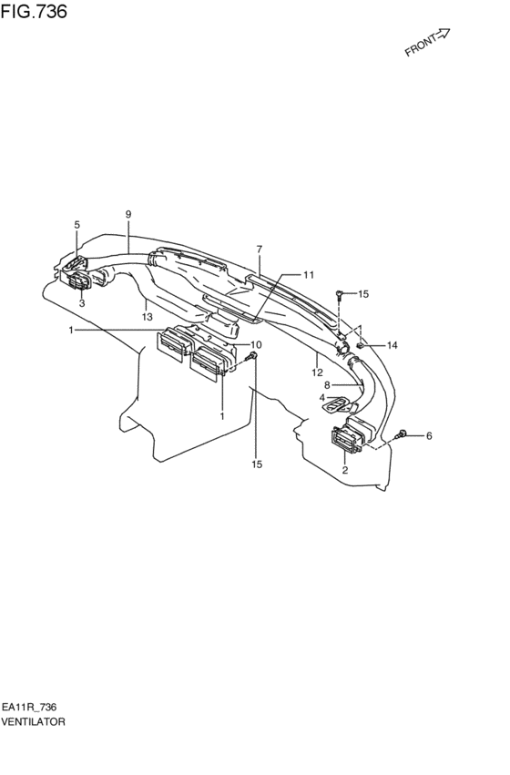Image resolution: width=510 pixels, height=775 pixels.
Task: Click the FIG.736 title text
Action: click(x=34, y=11)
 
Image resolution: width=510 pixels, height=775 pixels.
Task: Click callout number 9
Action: click(x=128, y=215)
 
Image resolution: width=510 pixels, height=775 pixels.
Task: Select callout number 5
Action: click(x=77, y=225)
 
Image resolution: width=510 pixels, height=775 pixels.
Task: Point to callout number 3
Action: click(x=82, y=303)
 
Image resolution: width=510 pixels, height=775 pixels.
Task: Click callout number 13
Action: click(x=148, y=317)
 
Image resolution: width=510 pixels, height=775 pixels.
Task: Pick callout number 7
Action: click(x=260, y=250)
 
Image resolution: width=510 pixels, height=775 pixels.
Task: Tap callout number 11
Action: click(x=309, y=275)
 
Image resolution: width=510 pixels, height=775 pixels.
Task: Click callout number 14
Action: click(x=392, y=345)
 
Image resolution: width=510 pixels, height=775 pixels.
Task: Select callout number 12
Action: click(x=317, y=372)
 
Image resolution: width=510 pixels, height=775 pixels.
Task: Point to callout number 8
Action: click(x=327, y=385)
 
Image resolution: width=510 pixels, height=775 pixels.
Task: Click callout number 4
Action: click(x=322, y=397)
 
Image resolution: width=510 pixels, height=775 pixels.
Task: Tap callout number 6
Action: click(x=429, y=436)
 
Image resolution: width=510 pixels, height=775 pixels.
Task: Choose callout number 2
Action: click(x=345, y=470)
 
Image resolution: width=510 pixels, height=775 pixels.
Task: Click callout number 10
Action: click(x=256, y=344)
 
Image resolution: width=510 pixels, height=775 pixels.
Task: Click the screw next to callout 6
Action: click(x=402, y=435)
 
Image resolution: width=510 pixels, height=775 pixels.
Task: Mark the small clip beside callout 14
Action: click(x=362, y=345)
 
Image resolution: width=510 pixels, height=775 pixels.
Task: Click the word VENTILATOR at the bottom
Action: click(x=33, y=722)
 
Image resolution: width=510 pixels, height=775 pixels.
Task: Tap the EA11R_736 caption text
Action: click(x=29, y=708)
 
